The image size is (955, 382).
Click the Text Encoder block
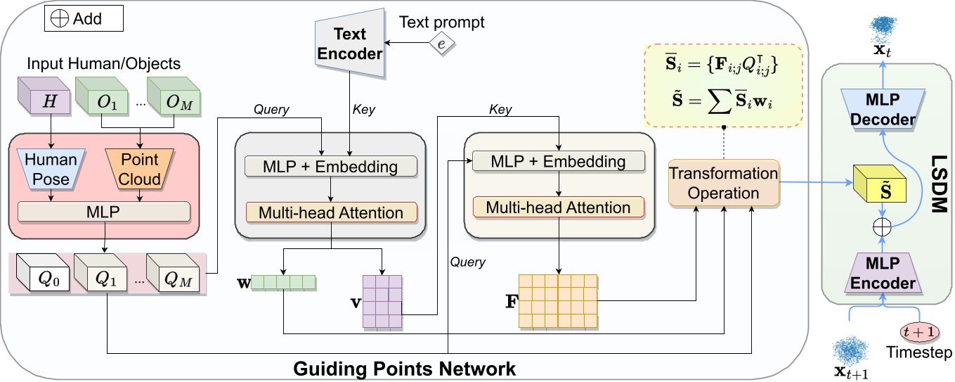coord(349,45)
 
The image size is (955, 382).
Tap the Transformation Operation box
coord(723,183)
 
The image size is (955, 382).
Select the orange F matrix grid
coord(557,300)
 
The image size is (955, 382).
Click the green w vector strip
coord(284,283)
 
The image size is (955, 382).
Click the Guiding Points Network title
coord(404,369)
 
